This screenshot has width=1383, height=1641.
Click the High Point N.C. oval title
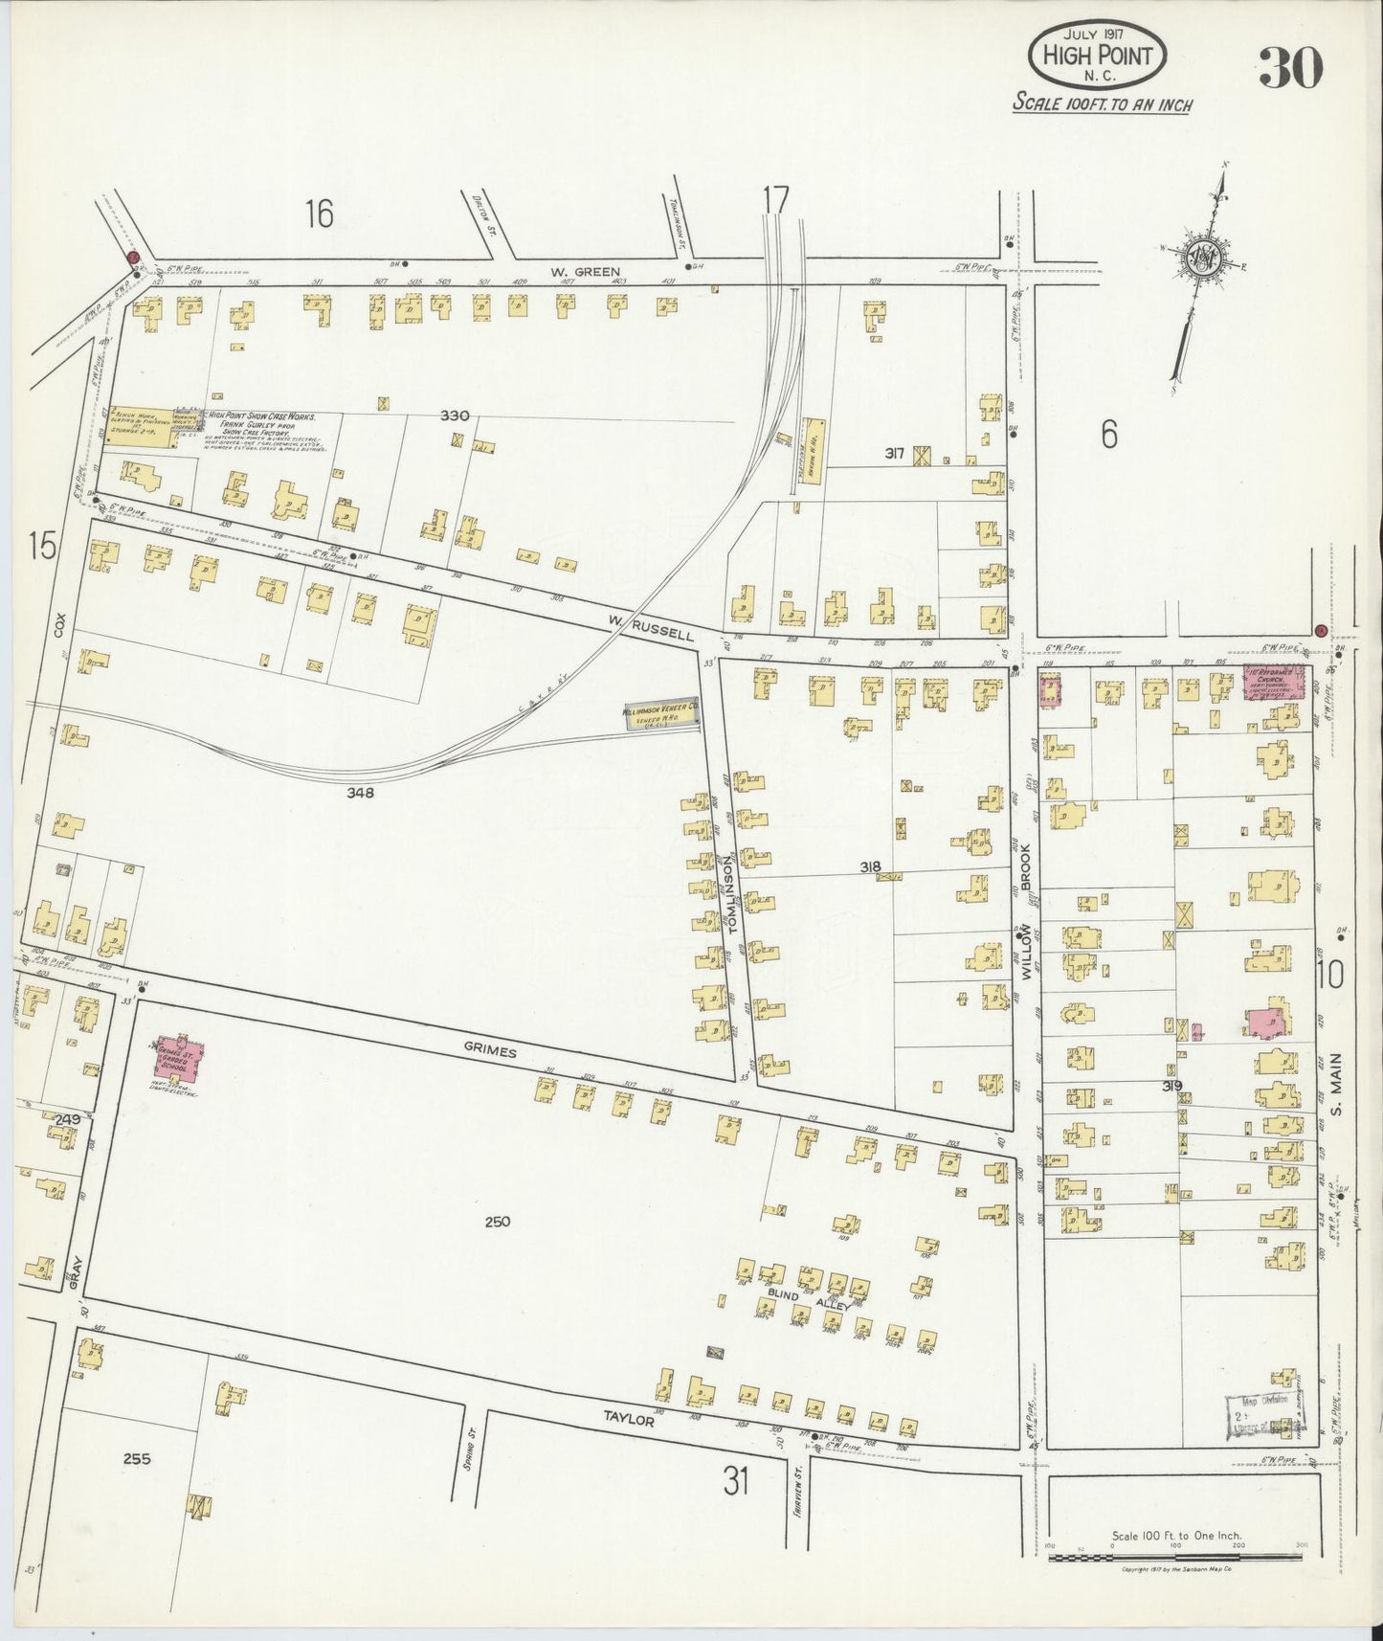1097,55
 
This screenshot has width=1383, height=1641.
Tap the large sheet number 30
1290,66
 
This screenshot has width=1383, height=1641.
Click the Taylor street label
628,1421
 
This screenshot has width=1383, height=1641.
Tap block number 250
498,1222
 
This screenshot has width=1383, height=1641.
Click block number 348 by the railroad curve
361,793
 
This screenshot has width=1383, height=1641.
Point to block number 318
869,867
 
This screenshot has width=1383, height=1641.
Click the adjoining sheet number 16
319,214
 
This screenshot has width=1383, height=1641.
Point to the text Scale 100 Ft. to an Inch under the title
1103,103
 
